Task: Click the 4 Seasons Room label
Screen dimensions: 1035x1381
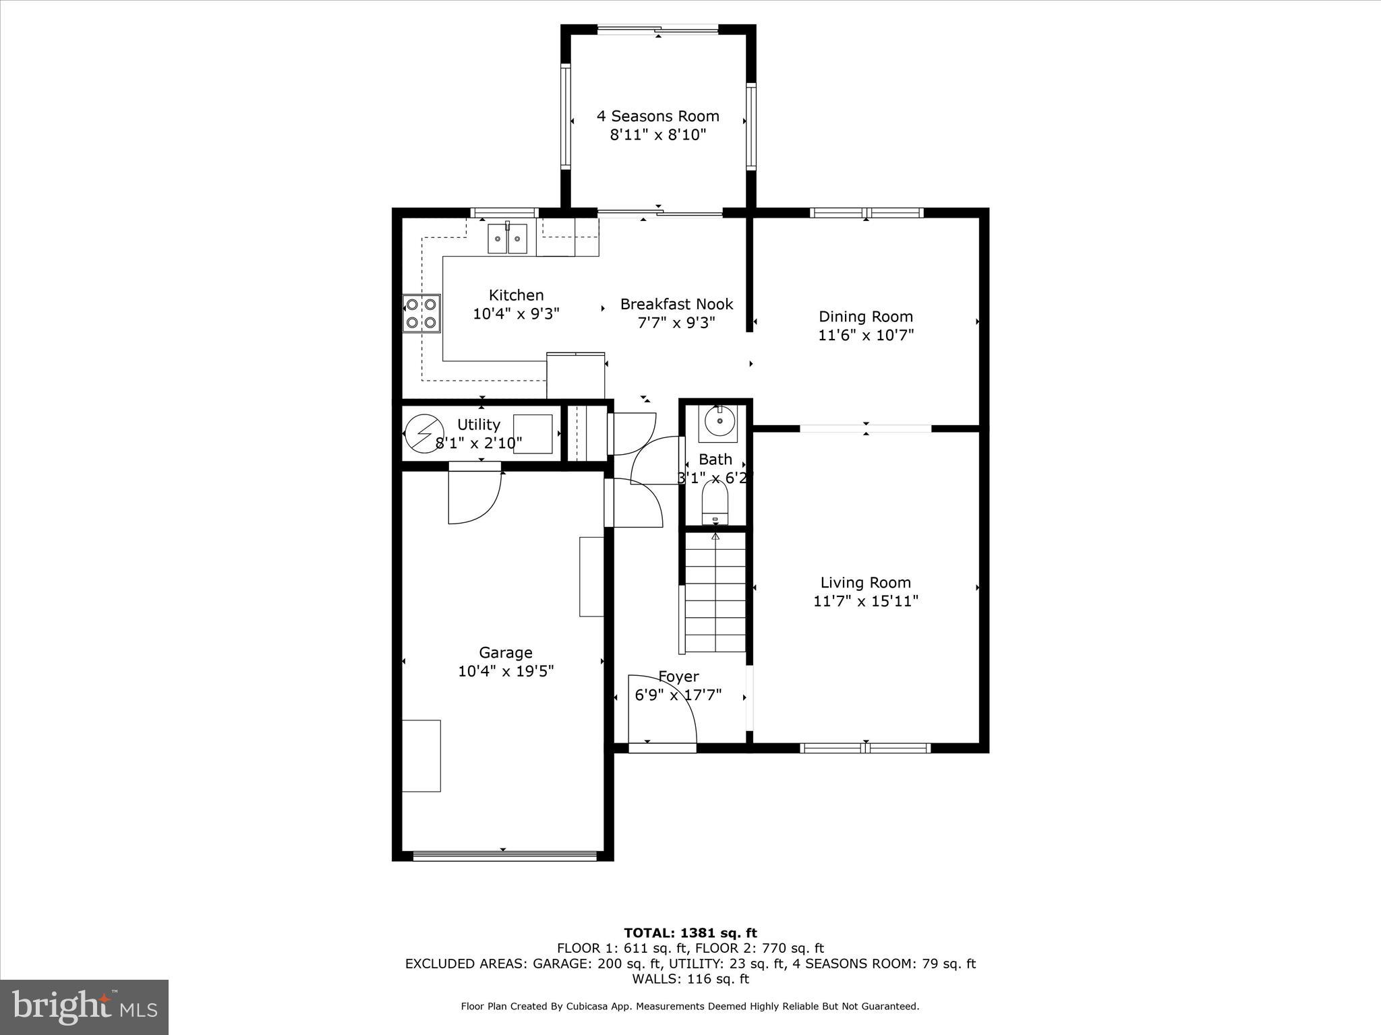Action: (x=657, y=116)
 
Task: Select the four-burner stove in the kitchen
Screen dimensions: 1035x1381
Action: (x=421, y=313)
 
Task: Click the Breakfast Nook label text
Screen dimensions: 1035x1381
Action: (x=676, y=305)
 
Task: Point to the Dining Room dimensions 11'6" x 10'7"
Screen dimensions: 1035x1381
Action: (x=866, y=335)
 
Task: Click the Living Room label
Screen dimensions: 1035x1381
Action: (x=865, y=583)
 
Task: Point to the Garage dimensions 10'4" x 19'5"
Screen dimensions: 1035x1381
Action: (x=506, y=671)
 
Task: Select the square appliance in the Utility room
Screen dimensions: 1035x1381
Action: (x=533, y=435)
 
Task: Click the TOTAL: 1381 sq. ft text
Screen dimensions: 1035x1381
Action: (x=690, y=933)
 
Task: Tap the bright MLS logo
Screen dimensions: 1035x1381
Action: (x=84, y=1007)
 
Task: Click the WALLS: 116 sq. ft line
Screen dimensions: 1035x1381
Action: (x=690, y=979)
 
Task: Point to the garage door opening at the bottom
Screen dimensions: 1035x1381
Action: (x=504, y=856)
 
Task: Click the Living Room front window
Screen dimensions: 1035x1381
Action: (x=865, y=747)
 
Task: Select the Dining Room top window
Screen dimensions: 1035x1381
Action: (x=866, y=213)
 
